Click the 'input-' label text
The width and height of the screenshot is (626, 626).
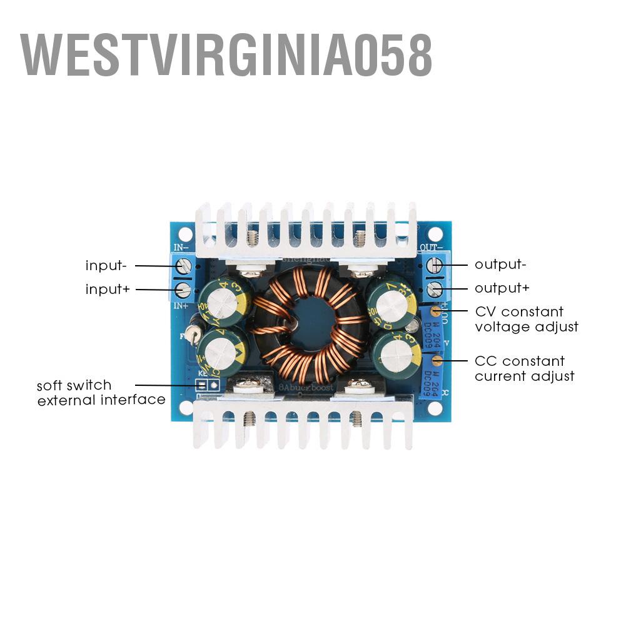point(106,266)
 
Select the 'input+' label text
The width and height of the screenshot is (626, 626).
point(106,290)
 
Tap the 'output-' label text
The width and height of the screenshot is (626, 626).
point(500,265)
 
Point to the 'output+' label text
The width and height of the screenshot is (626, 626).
point(502,288)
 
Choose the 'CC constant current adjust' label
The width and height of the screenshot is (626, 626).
point(524,368)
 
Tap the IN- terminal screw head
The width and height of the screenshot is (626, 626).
point(184,266)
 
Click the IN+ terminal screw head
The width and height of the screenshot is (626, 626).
point(184,290)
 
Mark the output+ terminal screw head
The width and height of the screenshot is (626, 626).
point(435,290)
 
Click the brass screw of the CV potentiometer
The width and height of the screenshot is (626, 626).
point(435,311)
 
